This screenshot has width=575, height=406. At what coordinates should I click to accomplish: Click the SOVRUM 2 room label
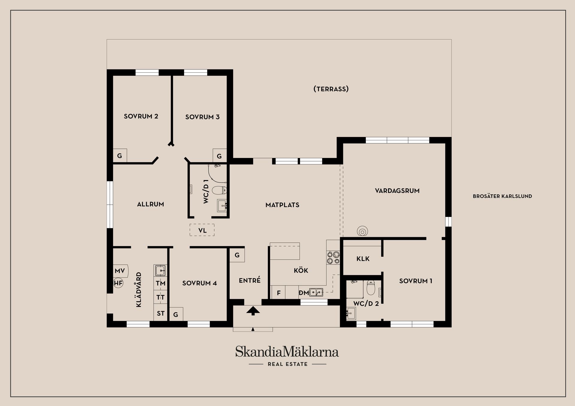pos(141,116)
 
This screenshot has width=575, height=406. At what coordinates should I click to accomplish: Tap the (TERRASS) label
pos(331,89)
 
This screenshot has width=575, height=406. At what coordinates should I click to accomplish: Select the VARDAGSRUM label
pos(397,191)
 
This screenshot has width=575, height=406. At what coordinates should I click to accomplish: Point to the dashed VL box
pos(202,230)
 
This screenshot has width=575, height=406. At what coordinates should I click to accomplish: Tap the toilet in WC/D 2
pos(371,288)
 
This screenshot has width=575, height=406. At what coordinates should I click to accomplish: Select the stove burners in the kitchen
pos(333,258)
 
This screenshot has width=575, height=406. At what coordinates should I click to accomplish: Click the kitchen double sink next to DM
pos(316,292)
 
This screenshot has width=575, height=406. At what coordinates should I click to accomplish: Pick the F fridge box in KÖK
pos(278,293)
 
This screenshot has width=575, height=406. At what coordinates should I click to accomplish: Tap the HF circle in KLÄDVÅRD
pos(118,283)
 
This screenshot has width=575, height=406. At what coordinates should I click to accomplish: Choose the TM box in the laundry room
pos(161,283)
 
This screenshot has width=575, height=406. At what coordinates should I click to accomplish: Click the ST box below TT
pos(161,313)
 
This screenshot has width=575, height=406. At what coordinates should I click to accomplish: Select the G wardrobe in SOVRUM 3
pos(220,156)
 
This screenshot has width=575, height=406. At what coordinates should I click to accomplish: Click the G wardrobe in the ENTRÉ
pos(237,255)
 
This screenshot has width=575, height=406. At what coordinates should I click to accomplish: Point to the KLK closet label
pos(363,259)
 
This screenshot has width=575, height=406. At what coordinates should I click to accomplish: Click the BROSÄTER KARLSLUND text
pos(502,196)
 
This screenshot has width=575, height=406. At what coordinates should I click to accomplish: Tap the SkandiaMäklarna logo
pos(287,352)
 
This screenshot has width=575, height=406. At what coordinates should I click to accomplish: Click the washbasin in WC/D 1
pos(222,206)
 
